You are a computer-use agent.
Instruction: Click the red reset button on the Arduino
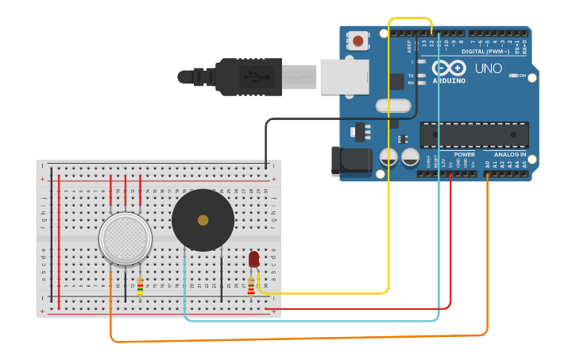[x=358, y=41]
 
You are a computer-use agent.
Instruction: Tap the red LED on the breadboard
[x=253, y=259]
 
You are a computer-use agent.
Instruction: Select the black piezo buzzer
[x=203, y=220]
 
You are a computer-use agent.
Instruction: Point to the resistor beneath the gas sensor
[x=141, y=285]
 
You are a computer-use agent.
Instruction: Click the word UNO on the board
[x=488, y=68]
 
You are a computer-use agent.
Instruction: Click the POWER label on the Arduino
[x=465, y=154]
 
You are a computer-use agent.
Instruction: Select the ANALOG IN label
[x=509, y=154]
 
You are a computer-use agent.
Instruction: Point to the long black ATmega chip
[x=474, y=135]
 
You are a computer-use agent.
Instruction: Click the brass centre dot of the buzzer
[x=203, y=220]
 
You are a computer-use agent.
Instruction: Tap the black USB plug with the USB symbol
[x=248, y=76]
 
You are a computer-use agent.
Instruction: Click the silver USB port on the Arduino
[x=345, y=76]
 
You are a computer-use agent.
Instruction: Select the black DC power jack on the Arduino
[x=350, y=161]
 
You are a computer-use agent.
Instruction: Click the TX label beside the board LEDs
[x=411, y=75]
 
